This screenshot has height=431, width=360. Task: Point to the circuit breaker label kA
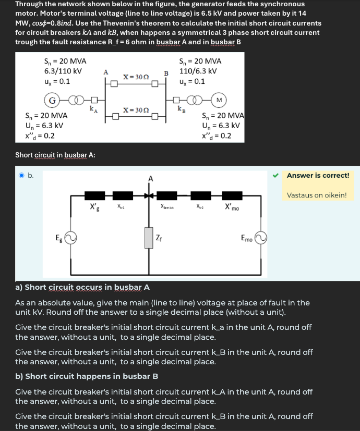tap(92, 109)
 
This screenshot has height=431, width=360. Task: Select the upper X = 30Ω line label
tap(136, 77)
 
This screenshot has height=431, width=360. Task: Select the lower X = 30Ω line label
tap(136, 110)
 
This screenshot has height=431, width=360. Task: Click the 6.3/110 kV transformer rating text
tap(63, 71)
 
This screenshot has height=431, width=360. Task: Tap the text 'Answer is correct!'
tap(318, 175)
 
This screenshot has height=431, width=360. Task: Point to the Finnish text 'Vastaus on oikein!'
tap(317, 195)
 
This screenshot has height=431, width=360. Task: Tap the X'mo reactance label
tap(232, 207)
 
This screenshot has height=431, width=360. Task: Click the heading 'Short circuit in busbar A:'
tap(55, 155)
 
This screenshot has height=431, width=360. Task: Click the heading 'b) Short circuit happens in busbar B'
tap(87, 376)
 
